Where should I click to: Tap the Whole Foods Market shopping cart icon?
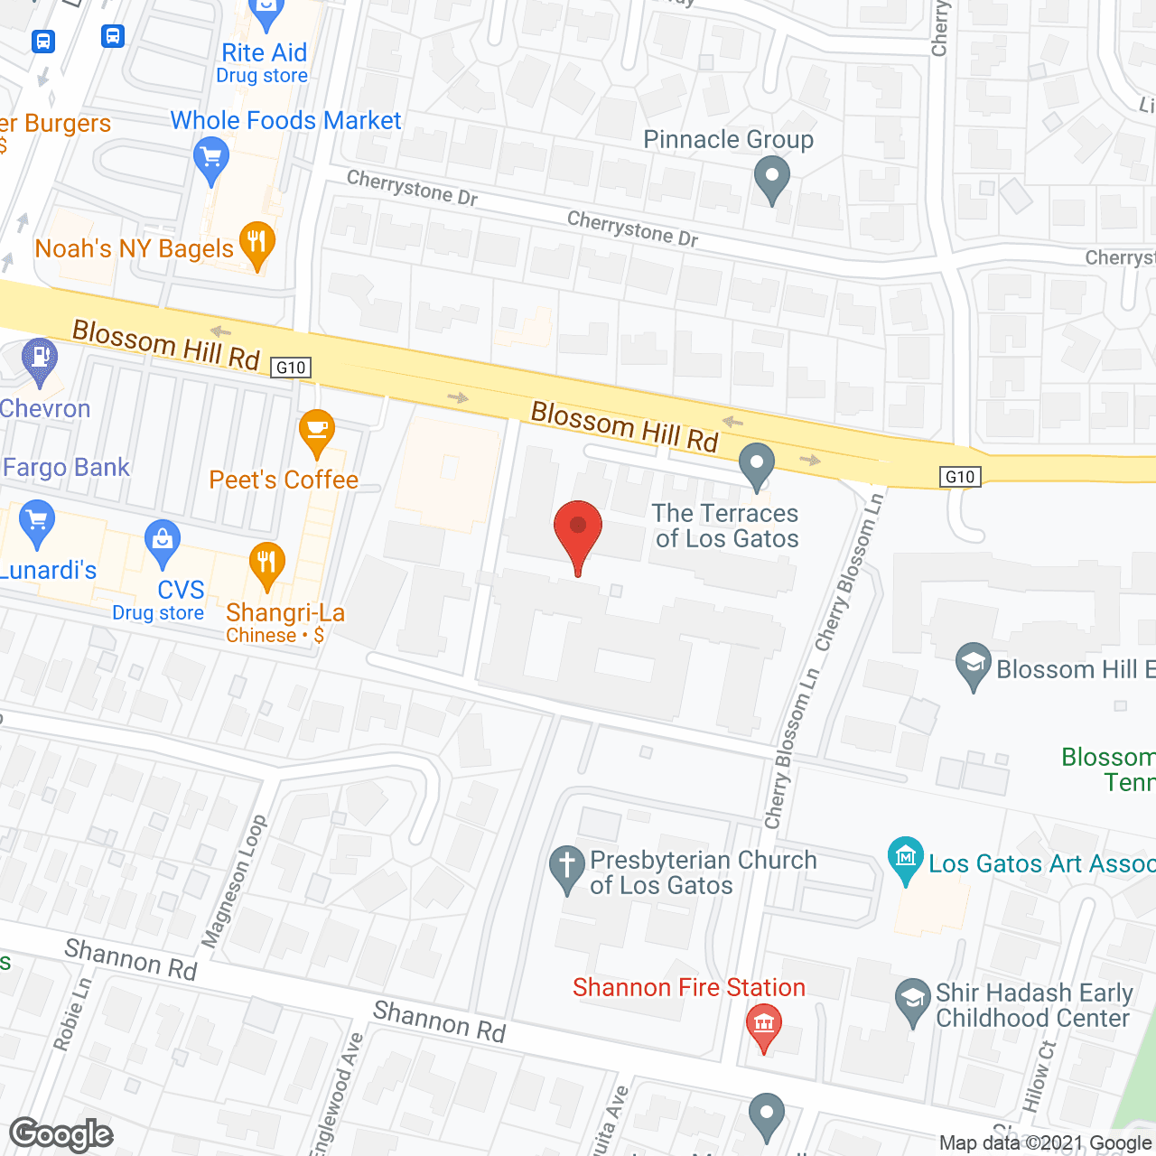click(211, 159)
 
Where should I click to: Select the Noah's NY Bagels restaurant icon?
click(257, 242)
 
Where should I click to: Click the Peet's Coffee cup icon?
click(317, 430)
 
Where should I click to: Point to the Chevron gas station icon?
click(39, 359)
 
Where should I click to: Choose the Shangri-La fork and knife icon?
click(266, 563)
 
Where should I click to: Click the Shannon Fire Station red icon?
click(764, 1025)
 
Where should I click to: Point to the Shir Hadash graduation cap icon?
click(913, 1000)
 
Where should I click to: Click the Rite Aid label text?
click(264, 53)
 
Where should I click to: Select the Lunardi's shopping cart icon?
click(37, 521)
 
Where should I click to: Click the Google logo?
click(61, 1134)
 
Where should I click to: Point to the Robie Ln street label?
click(72, 1014)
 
